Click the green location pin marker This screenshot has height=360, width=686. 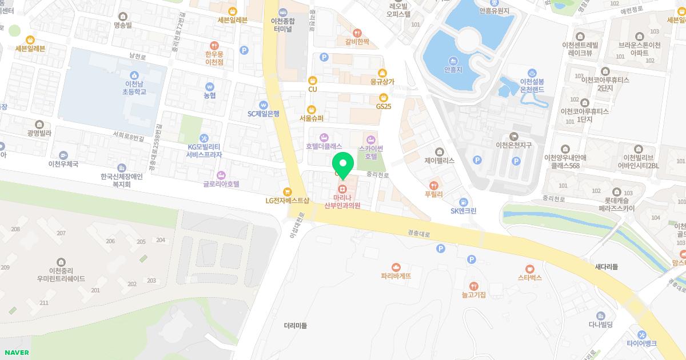point(343,164)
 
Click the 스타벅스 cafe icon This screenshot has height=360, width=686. point(529,267)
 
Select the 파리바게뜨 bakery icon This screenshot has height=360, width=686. point(396,266)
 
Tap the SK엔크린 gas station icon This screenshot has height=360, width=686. point(463,201)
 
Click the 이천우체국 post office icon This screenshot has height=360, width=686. point(63,154)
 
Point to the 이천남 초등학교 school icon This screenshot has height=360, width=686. point(133,74)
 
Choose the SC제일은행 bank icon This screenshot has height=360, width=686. point(263,104)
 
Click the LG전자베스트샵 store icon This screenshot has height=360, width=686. point(287,191)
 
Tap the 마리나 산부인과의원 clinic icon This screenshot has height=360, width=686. point(342,189)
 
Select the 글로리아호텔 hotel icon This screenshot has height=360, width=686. point(221,174)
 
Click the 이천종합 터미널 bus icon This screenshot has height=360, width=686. point(284,11)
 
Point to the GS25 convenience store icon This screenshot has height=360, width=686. point(383,97)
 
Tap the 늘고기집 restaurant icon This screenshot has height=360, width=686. point(473,285)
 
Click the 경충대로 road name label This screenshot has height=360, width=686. point(418,233)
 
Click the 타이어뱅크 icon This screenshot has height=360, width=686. point(641,334)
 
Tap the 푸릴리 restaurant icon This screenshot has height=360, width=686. point(434,185)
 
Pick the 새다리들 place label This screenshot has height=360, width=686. point(606,267)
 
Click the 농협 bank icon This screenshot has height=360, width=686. point(209,86)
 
